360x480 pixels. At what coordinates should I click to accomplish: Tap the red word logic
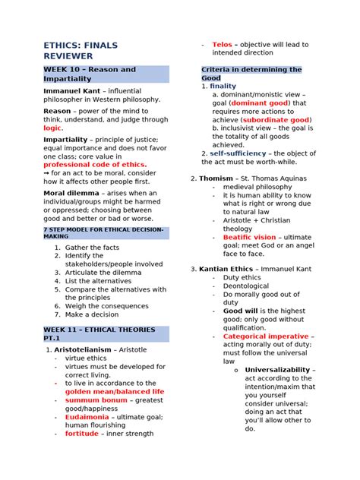click(x=52, y=128)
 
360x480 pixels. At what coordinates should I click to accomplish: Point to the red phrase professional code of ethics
click(x=95, y=164)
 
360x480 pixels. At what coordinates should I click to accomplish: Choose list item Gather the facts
click(x=92, y=248)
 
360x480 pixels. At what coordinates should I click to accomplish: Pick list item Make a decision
click(x=92, y=314)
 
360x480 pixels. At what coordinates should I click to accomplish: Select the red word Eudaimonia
click(x=87, y=417)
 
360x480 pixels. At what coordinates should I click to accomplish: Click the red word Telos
click(x=222, y=45)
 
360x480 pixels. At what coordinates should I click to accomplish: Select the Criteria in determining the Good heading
click(x=251, y=74)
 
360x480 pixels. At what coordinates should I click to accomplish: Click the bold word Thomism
click(x=216, y=178)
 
